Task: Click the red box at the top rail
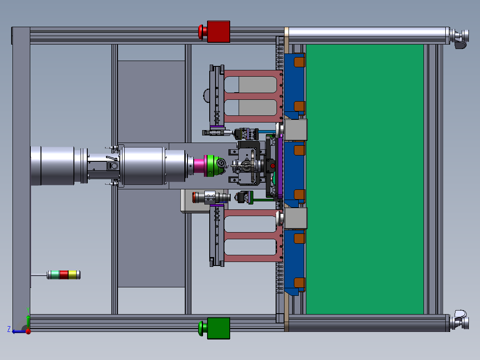point(219,32)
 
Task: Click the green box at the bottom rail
point(219,328)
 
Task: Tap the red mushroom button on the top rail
point(203,32)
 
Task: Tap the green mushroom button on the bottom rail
point(203,328)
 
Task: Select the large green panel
point(365,179)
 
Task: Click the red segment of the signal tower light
point(64,275)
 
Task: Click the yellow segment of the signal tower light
point(72,275)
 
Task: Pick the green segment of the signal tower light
point(55,275)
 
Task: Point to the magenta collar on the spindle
point(199,166)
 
